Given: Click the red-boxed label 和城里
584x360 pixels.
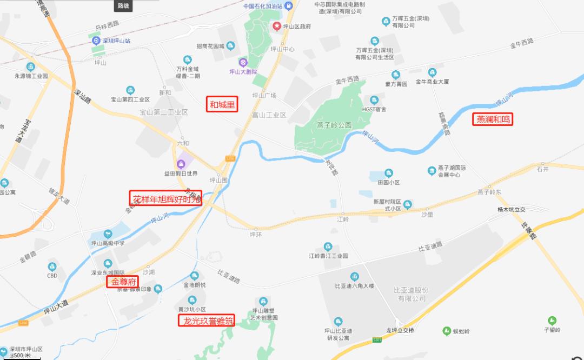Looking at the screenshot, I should pyautogui.click(x=222, y=104).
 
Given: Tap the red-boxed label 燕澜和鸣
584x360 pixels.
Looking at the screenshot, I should pyautogui.click(x=493, y=119).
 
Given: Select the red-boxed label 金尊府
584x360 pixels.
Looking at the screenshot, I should pyautogui.click(x=122, y=282).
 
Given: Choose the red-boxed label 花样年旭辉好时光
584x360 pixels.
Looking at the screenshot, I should pyautogui.click(x=165, y=198).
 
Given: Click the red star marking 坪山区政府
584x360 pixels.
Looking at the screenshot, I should pyautogui.click(x=277, y=26).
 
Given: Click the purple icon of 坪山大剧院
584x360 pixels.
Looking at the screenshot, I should pyautogui.click(x=243, y=62).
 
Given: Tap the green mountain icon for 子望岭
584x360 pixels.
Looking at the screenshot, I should pyautogui.click(x=552, y=321).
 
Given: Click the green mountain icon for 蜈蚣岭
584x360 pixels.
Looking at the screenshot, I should pyautogui.click(x=447, y=330).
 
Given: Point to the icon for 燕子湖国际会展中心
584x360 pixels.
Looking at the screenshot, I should pyautogui.click(x=432, y=171).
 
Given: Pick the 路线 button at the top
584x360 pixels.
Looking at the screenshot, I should pyautogui.click(x=123, y=6).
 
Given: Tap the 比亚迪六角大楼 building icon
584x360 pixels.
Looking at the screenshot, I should pyautogui.click(x=354, y=276).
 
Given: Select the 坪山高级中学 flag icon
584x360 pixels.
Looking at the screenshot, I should pyautogui.click(x=107, y=234).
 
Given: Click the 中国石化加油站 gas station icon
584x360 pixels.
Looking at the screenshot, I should pyautogui.click(x=289, y=6).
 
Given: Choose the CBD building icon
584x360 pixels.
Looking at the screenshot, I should pyautogui.click(x=52, y=266).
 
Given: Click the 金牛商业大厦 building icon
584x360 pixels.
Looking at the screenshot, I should pyautogui.click(x=432, y=72).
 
